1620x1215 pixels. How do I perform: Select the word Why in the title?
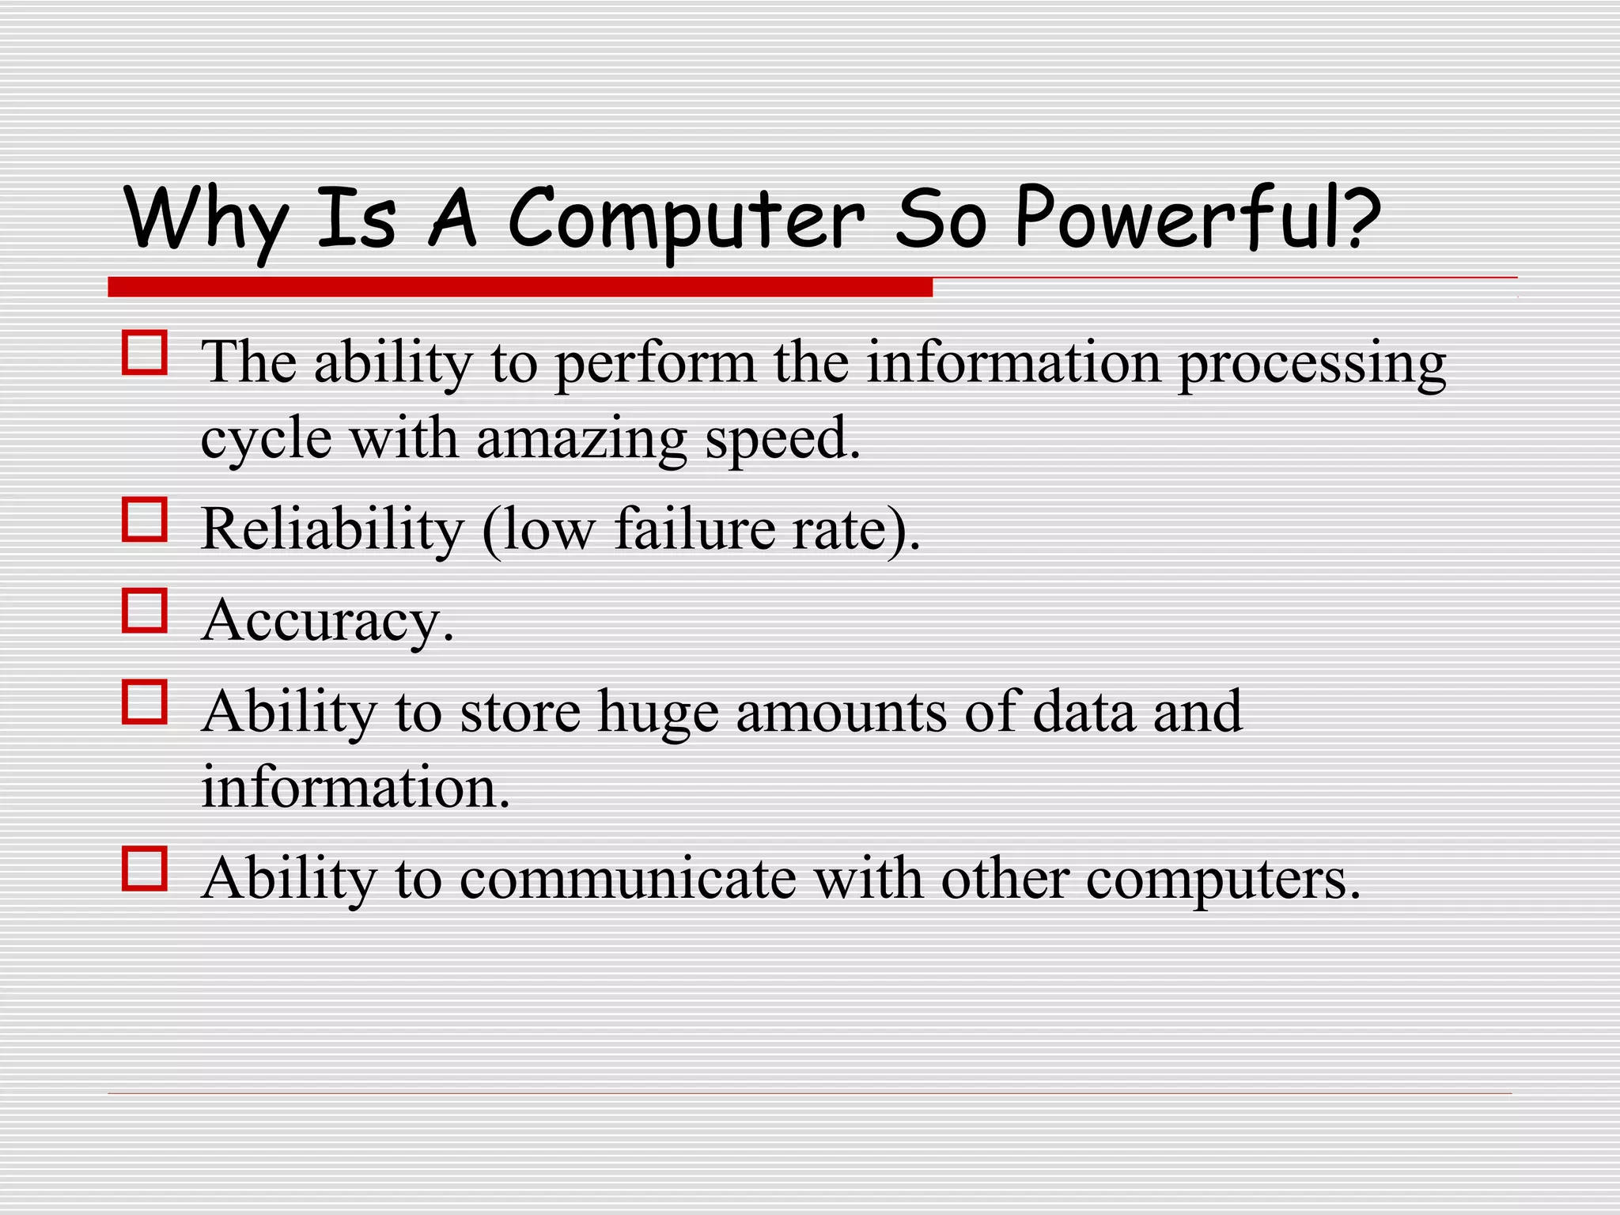(205, 219)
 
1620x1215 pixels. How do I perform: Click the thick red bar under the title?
(520, 287)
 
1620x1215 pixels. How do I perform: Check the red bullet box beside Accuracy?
(145, 611)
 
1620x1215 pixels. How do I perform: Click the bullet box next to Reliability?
(145, 520)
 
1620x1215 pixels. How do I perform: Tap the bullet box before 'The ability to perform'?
(145, 353)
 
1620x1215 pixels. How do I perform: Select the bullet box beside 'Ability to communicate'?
(145, 869)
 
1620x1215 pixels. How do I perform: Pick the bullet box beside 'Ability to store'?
(145, 702)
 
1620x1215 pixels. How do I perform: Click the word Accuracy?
(327, 621)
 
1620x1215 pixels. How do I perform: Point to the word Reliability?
(332, 529)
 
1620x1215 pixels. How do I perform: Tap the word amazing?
(581, 440)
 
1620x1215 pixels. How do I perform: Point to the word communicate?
(627, 879)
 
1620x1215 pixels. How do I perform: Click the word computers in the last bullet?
(1221, 880)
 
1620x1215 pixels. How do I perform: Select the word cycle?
(265, 440)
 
